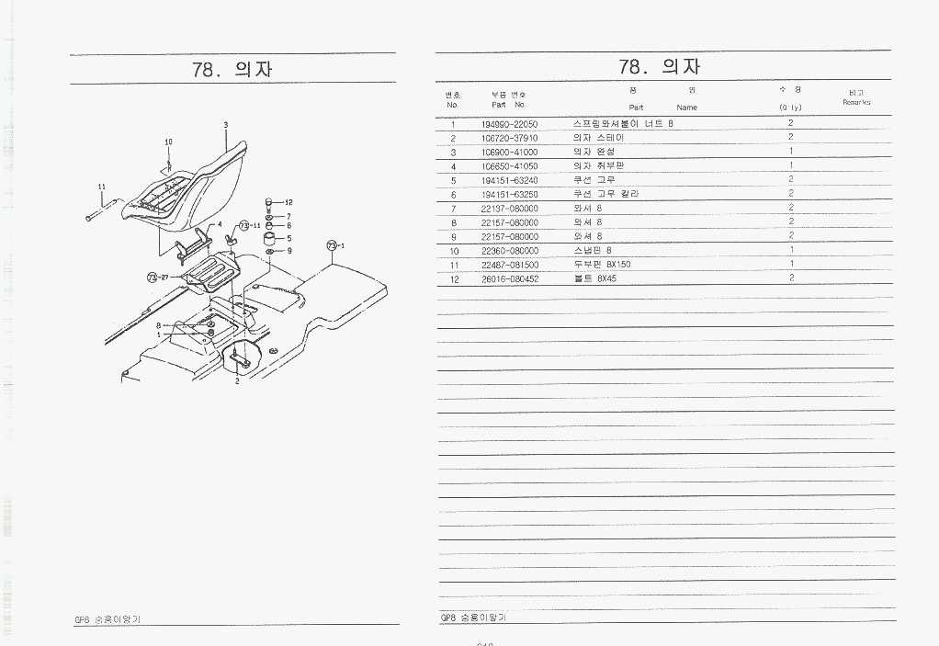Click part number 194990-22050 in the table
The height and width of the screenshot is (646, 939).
tap(509, 123)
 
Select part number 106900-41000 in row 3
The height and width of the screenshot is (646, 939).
tap(509, 152)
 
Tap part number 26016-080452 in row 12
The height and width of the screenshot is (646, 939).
tap(509, 278)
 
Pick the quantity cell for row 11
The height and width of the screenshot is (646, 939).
tap(790, 265)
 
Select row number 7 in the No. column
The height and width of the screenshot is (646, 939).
tap(453, 208)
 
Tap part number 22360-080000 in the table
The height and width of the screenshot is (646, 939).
tap(509, 251)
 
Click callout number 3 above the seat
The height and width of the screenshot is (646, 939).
tap(225, 124)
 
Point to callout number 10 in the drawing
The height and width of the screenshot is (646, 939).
tap(168, 142)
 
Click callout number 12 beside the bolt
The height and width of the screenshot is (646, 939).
tap(288, 202)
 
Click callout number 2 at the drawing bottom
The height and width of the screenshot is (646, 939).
tap(237, 380)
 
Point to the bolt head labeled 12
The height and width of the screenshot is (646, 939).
tap(269, 201)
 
